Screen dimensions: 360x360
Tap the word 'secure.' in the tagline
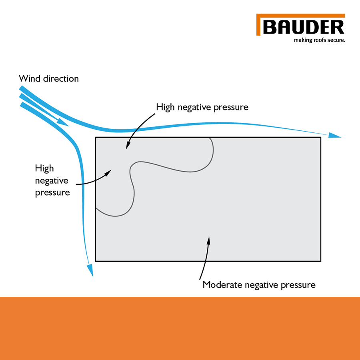(334, 40)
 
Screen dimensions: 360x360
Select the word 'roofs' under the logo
(316, 40)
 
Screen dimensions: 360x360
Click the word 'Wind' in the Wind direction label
(28, 78)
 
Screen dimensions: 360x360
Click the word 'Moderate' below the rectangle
(222, 285)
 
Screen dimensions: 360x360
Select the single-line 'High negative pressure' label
(202, 107)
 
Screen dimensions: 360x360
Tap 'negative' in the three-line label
(52, 180)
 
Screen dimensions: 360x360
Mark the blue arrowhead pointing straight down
(90, 270)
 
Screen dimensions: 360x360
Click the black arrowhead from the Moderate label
(208, 240)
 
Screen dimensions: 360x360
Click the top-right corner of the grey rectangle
(321, 138)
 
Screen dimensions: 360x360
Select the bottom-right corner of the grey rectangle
(321, 261)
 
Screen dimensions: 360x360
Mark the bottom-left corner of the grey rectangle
(96, 261)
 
